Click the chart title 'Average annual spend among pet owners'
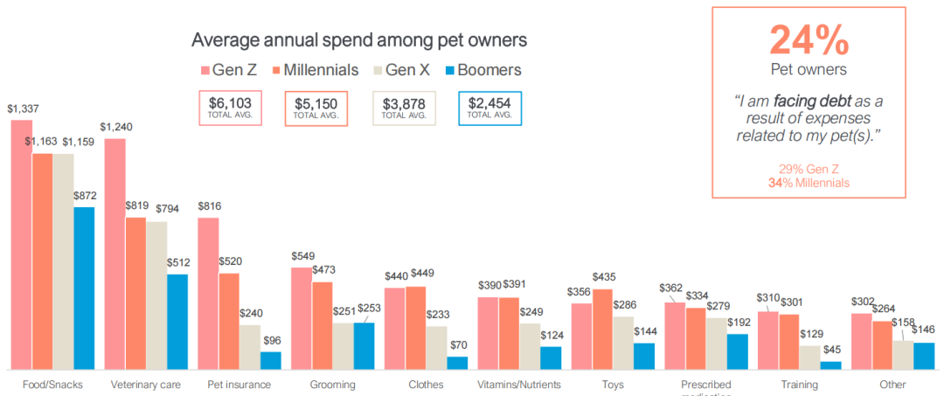click(x=358, y=40)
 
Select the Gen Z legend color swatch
click(x=205, y=70)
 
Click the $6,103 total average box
click(x=230, y=108)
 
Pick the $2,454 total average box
click(x=489, y=108)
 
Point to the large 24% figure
click(x=809, y=39)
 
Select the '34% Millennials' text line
click(x=809, y=183)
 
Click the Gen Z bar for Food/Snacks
click(x=22, y=245)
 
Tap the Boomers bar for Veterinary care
click(x=177, y=322)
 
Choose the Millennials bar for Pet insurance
click(x=229, y=321)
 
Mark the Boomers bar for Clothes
click(x=457, y=363)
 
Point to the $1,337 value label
click(x=23, y=109)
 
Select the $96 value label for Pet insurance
click(x=271, y=340)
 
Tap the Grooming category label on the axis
click(x=333, y=385)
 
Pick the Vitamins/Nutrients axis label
click(x=519, y=385)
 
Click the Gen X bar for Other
click(x=903, y=354)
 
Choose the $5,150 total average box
click(x=316, y=108)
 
